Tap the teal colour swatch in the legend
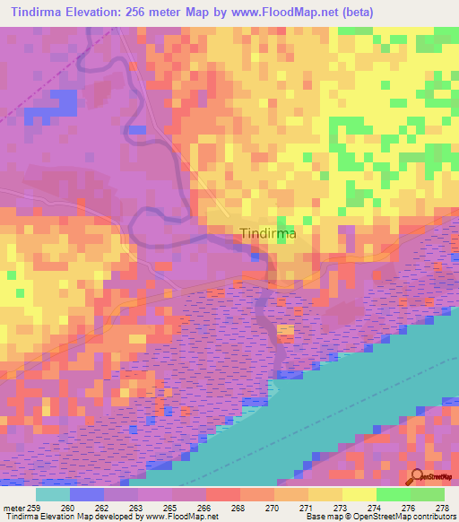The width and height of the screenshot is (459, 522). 52,493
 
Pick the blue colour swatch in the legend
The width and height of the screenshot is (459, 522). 87,493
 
